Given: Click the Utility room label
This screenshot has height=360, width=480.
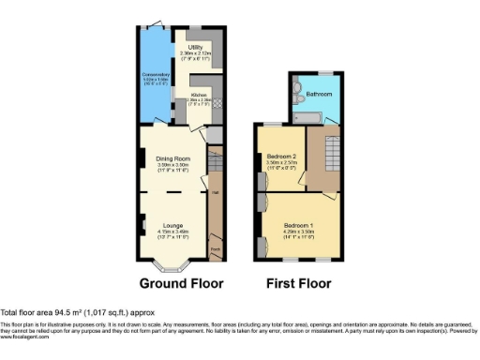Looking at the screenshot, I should pos(196,46).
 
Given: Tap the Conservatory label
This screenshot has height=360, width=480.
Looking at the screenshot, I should pos(156,74).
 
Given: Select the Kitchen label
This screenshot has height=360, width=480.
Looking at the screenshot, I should pos(199,95).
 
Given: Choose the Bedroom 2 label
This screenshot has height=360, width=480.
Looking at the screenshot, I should pos(281,156).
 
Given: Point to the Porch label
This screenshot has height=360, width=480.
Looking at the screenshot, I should pos(215,248).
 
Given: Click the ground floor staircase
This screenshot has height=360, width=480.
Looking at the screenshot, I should pos(215,173).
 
